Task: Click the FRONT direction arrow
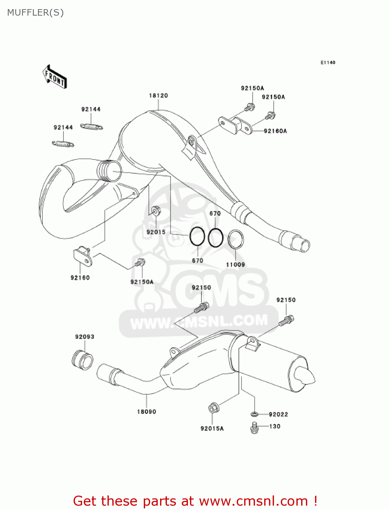click(55, 77)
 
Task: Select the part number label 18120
click(158, 96)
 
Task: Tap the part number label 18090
click(147, 412)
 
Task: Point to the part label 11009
click(235, 264)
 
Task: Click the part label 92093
click(85, 337)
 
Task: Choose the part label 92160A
click(275, 131)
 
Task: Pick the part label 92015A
click(212, 429)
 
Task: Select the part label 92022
click(278, 414)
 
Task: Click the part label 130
click(275, 426)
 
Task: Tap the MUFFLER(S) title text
click(35, 13)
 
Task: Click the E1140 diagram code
click(328, 62)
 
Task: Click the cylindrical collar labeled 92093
click(82, 360)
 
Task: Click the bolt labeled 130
click(254, 428)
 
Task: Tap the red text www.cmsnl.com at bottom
click(253, 501)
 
